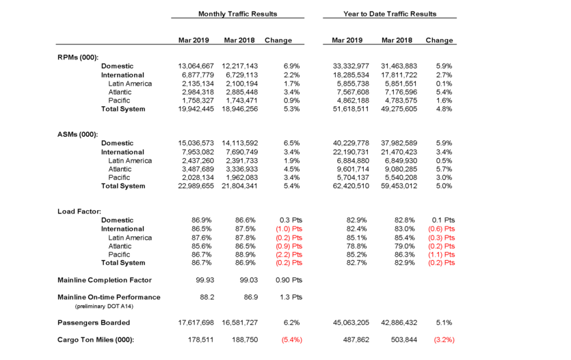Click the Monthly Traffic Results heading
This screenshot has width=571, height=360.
[237, 14]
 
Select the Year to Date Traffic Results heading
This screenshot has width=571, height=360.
[390, 14]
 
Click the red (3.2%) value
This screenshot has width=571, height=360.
[440, 339]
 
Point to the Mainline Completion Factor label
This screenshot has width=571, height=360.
[104, 280]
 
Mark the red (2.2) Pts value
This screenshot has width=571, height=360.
[288, 255]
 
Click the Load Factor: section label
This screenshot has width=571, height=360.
[79, 211]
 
